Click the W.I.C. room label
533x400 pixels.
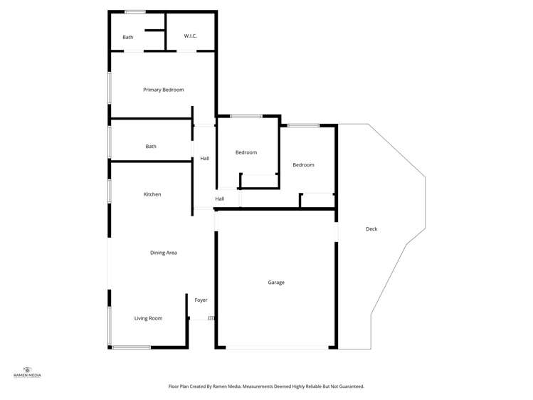(x=190, y=36)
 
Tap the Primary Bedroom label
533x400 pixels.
(x=163, y=90)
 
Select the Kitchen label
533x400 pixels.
(x=152, y=194)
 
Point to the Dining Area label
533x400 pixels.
(x=163, y=253)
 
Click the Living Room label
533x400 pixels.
(x=148, y=318)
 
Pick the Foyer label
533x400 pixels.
(x=201, y=300)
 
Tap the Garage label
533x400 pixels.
(x=276, y=283)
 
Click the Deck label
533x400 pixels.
(x=371, y=229)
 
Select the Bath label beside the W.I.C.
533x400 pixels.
(x=127, y=37)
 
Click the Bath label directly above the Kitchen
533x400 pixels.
(x=151, y=147)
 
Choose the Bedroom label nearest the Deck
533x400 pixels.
(x=303, y=165)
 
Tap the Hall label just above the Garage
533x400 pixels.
(x=220, y=199)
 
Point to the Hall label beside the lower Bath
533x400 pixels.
(x=204, y=159)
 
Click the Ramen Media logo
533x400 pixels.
(x=28, y=371)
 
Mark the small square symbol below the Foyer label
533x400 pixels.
(x=211, y=318)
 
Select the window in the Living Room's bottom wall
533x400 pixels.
(x=132, y=347)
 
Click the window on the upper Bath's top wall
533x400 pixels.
(x=135, y=11)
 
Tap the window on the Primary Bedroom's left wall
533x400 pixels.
(x=109, y=88)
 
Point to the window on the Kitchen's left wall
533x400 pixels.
(x=109, y=191)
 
